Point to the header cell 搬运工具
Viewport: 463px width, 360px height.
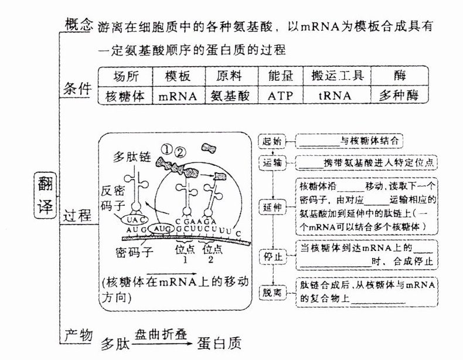(x=335, y=76)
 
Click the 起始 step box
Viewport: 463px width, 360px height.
(x=272, y=141)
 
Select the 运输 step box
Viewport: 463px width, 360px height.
(x=272, y=162)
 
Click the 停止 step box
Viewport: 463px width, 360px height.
(x=272, y=256)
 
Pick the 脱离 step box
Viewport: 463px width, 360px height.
(x=272, y=291)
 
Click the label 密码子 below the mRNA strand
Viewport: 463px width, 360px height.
(x=135, y=253)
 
